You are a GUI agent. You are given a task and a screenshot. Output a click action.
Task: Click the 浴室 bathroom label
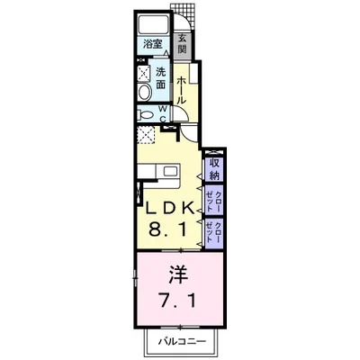150,43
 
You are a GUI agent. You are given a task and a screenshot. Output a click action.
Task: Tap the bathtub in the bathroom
151,24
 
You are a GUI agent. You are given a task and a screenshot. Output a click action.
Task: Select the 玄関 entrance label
182,42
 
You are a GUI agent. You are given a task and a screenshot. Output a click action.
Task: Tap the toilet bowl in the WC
146,114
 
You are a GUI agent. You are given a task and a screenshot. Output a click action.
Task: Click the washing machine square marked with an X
144,74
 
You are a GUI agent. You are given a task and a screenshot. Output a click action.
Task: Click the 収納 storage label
215,167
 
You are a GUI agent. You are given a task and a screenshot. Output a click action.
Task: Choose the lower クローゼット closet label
215,232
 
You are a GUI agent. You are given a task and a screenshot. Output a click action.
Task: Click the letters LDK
169,208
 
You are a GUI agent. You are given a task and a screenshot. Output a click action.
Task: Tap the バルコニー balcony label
176,343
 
